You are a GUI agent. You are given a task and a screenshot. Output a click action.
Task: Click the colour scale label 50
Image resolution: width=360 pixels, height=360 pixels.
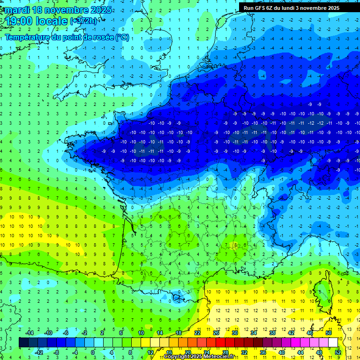click(329, 332)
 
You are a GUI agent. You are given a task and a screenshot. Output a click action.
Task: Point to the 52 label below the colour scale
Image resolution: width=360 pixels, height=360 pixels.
click(338, 352)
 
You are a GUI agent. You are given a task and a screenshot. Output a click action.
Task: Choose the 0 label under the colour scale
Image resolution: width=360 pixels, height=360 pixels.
click(92, 352)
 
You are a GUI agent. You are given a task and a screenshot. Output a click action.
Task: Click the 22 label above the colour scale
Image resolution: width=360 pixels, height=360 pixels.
click(197, 332)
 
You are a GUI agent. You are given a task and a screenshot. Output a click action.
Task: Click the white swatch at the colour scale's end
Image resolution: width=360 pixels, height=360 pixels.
click(333, 342)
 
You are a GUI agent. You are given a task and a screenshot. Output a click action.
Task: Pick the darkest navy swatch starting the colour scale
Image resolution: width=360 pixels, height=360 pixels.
click(23, 342)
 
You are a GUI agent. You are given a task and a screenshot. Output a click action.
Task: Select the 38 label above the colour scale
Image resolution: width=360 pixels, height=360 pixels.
click(272, 332)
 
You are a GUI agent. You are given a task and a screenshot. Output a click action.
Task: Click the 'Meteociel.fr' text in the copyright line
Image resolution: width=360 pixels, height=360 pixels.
click(225, 357)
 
